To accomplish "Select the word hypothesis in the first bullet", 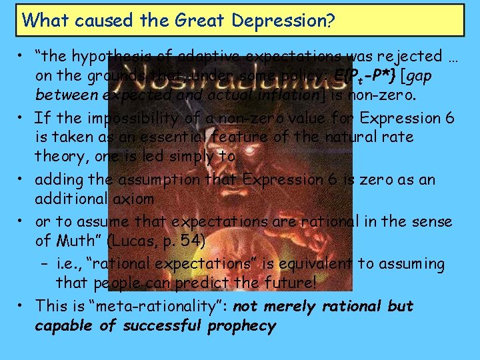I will [107, 57].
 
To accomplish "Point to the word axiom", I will [131, 199].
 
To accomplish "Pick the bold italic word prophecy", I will [241, 326].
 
